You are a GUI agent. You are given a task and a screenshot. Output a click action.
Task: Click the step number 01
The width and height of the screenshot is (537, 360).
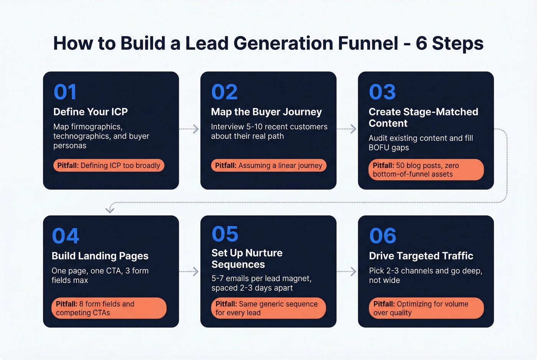tap(65, 92)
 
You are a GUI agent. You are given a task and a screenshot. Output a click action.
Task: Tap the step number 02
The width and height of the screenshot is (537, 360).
tap(224, 92)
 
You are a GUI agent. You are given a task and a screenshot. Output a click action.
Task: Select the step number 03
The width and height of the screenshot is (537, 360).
tap(382, 92)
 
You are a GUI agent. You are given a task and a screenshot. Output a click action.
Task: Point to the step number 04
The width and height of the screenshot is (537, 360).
tap(65, 236)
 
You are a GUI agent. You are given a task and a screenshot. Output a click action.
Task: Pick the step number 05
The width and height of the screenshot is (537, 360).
tap(225, 234)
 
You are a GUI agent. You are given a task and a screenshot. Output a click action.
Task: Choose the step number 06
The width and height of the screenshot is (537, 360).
tap(382, 236)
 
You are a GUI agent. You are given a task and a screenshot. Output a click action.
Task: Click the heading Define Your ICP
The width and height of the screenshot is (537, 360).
tap(91, 112)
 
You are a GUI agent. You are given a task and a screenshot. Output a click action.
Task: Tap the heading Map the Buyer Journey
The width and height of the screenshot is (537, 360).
tap(266, 112)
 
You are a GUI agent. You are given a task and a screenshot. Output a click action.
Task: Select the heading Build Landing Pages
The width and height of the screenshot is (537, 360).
tap(100, 256)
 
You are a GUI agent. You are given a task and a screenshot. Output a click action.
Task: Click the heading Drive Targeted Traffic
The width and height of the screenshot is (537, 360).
tap(421, 256)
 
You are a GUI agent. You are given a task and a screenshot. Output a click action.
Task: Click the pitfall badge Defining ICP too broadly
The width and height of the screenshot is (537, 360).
tap(109, 166)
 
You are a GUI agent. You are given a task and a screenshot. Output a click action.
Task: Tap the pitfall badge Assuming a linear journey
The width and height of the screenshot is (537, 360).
tap(268, 166)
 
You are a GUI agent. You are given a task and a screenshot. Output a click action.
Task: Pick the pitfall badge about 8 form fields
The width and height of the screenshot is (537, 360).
tap(109, 308)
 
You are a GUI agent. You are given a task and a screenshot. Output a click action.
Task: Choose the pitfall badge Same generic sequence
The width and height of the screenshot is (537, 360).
tap(268, 308)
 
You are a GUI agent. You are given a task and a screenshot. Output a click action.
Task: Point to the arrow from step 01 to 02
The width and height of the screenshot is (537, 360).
tap(189, 129)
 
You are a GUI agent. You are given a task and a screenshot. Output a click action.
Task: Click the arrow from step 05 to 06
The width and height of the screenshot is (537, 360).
tap(347, 271)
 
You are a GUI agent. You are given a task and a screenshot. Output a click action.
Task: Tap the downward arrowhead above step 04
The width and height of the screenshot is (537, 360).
tap(110, 209)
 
